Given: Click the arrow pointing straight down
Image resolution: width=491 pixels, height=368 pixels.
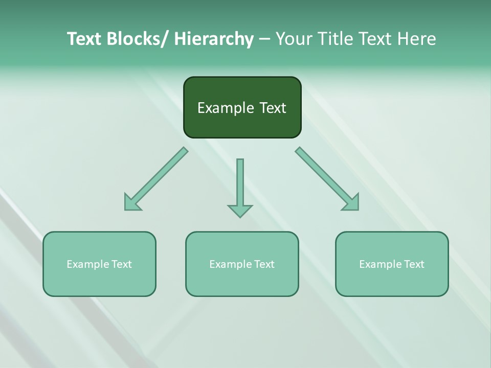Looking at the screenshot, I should pos(240,187).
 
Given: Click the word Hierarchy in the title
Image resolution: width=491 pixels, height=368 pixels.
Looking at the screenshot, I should pos(214,39).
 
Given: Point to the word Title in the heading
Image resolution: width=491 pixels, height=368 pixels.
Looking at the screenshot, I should pos(335,39).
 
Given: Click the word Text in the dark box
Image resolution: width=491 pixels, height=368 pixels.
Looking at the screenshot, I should pos(272,108).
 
